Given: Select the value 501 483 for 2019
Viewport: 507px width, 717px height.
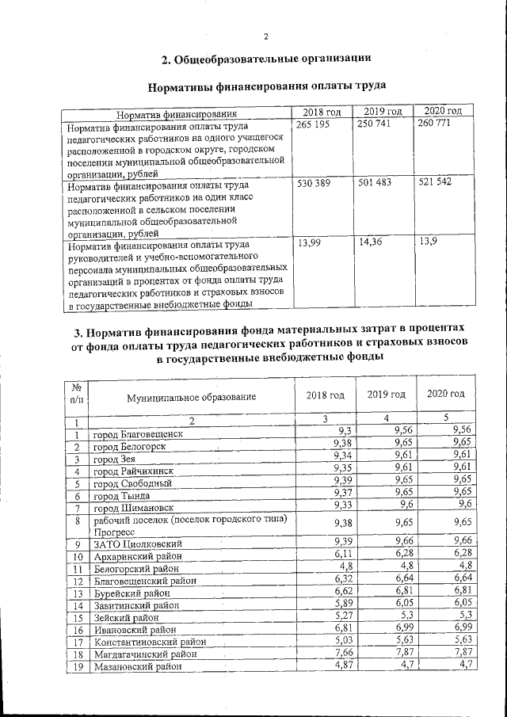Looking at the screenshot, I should [374, 183].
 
